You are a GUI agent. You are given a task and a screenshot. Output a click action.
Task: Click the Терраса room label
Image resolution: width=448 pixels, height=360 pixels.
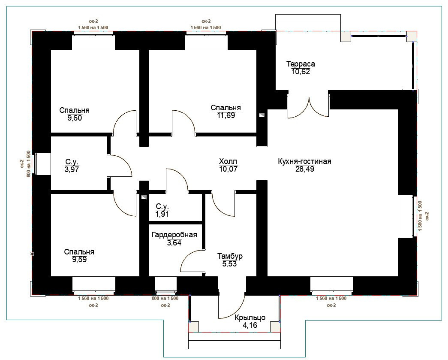[301, 64]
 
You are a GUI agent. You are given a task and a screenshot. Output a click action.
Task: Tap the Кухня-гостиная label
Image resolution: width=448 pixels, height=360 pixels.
[304, 161]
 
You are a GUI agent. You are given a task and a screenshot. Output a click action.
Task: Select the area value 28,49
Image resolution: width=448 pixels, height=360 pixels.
[305, 169]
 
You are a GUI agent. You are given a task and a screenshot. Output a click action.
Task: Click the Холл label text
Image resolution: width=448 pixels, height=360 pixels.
[228, 161]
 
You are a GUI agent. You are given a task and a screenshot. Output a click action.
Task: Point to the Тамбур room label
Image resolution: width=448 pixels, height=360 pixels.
[230, 256]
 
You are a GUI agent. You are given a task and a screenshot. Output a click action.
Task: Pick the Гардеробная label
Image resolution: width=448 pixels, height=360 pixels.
[174, 235]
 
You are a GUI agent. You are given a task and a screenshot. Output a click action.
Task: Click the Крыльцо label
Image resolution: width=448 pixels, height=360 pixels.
[250, 318]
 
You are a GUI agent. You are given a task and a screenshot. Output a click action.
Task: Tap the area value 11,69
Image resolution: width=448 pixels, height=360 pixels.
[226, 115]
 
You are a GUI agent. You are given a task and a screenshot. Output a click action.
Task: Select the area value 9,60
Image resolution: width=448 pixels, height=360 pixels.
[75, 118]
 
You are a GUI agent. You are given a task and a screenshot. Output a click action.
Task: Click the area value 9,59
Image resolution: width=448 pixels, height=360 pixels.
[79, 260]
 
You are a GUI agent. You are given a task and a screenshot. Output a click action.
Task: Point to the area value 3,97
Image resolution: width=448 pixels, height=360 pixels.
[72, 169]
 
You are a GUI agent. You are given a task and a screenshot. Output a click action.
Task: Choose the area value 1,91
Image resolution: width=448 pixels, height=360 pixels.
[162, 214]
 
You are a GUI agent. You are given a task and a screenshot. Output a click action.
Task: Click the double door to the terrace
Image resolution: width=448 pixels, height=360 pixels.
[308, 106]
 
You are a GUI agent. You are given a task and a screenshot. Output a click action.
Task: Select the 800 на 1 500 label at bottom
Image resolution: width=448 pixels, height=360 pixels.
[165, 298]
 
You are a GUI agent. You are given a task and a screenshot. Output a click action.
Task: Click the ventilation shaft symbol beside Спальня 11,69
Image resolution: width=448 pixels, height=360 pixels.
[262, 115]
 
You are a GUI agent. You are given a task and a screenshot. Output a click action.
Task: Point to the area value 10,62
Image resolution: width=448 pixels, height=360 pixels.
[301, 72]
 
